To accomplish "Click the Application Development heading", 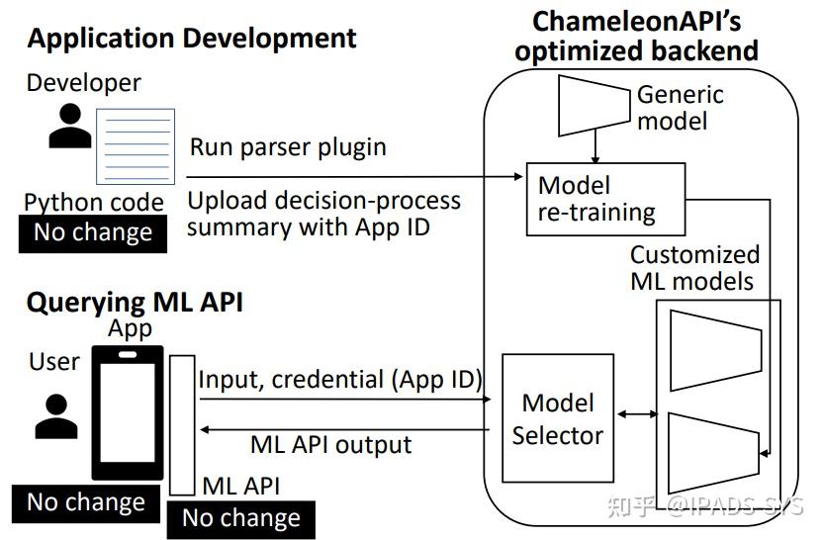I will pyautogui.click(x=192, y=40).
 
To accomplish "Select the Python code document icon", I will pyautogui.click(x=135, y=146).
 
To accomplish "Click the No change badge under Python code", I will pyautogui.click(x=93, y=233).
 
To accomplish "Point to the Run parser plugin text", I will pyautogui.click(x=288, y=148).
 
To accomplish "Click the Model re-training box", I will pyautogui.click(x=596, y=198).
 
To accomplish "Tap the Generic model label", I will pyautogui.click(x=680, y=108).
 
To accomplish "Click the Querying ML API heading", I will pyautogui.click(x=135, y=303).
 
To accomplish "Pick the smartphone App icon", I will pyautogui.click(x=127, y=411).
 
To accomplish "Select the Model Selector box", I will pyautogui.click(x=558, y=418).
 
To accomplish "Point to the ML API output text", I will pyautogui.click(x=330, y=444).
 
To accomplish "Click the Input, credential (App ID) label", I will pyautogui.click(x=340, y=379).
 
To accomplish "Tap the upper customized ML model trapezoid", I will pyautogui.click(x=715, y=348).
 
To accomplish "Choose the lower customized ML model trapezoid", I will pyautogui.click(x=715, y=444).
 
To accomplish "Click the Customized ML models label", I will pyautogui.click(x=694, y=268).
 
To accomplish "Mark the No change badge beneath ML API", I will pyautogui.click(x=241, y=518).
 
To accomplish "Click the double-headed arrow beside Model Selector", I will pyautogui.click(x=637, y=415).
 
